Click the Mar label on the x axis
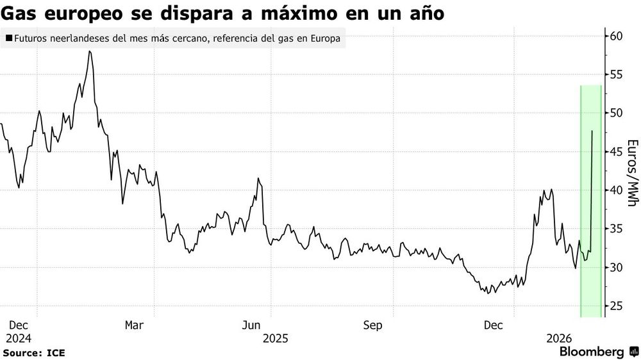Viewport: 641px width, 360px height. (133, 325)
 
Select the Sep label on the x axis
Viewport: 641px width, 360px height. (372, 325)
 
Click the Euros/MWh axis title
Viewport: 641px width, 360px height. (631, 173)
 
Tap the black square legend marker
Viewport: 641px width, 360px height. (8, 38)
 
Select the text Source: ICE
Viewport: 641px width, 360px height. (34, 352)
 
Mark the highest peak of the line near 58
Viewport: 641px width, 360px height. (90, 51)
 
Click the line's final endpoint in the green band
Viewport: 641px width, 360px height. (592, 131)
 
